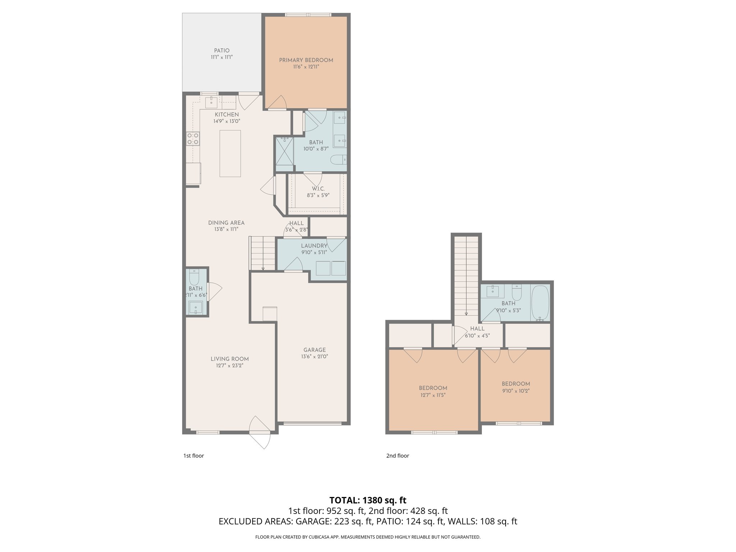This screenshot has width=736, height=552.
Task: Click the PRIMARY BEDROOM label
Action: [306, 60]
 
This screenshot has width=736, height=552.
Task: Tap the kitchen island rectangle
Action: [230, 153]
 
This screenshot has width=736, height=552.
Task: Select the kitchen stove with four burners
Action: [193, 138]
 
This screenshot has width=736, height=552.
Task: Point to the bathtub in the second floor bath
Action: [540, 303]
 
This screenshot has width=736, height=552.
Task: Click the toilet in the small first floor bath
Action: [194, 277]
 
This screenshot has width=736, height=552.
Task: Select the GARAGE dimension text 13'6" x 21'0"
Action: [314, 356]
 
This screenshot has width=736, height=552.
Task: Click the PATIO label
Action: [222, 51]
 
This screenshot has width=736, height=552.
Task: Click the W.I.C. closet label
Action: [318, 189]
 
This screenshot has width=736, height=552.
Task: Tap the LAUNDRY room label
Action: [314, 246]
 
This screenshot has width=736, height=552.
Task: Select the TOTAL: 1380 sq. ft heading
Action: [368, 500]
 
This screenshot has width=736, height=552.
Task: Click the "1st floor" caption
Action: [194, 456]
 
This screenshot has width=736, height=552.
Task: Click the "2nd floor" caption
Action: [397, 456]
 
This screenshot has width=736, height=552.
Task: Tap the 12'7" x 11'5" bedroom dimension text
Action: [433, 395]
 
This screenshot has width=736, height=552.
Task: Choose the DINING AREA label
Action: [226, 223]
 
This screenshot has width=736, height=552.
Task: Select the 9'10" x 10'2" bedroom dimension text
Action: [516, 391]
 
